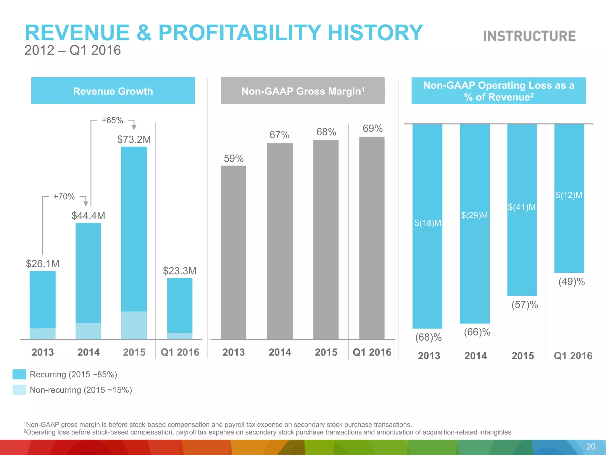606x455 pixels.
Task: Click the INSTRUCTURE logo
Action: pyautogui.click(x=529, y=36)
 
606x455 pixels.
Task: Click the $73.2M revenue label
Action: pyautogui.click(x=134, y=139)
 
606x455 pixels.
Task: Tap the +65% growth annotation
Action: pyautogui.click(x=112, y=120)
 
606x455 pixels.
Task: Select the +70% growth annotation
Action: pyautogui.click(x=64, y=196)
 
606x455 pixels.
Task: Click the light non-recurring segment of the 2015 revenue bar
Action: pyautogui.click(x=134, y=325)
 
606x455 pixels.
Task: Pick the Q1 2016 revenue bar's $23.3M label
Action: pyautogui.click(x=180, y=271)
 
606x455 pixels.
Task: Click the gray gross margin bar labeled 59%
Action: pyautogui.click(x=233, y=252)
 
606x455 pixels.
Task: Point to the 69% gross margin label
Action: pyautogui.click(x=373, y=129)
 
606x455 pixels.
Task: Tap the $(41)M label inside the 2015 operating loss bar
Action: pyautogui.click(x=522, y=207)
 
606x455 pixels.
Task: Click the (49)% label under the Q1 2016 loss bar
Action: pyautogui.click(x=571, y=281)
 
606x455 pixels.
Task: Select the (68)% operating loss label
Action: pyautogui.click(x=428, y=337)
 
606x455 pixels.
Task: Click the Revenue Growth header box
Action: pyautogui.click(x=113, y=91)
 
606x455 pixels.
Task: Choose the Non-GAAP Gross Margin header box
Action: pyautogui.click(x=303, y=91)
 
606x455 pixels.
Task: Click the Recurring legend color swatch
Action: pyautogui.click(x=19, y=374)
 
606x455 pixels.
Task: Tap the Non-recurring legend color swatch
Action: pyautogui.click(x=19, y=390)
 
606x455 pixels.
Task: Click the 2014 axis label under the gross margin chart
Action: pyautogui.click(x=280, y=352)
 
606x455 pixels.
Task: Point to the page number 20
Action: pyautogui.click(x=591, y=446)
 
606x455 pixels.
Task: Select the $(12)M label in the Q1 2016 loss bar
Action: pyautogui.click(x=569, y=195)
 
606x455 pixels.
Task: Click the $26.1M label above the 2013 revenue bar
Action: pyautogui.click(x=43, y=264)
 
